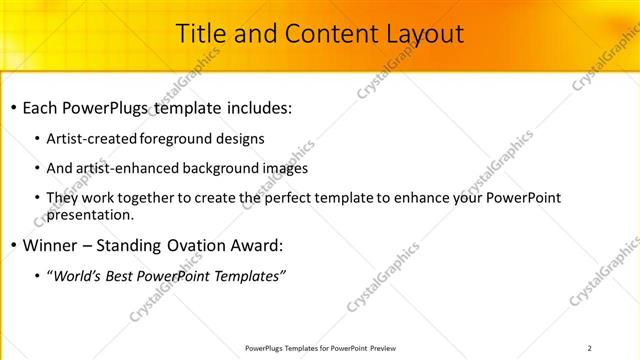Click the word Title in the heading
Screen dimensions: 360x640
pos(199,34)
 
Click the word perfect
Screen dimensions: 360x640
pos(289,199)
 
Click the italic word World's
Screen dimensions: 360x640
pos(74,276)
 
